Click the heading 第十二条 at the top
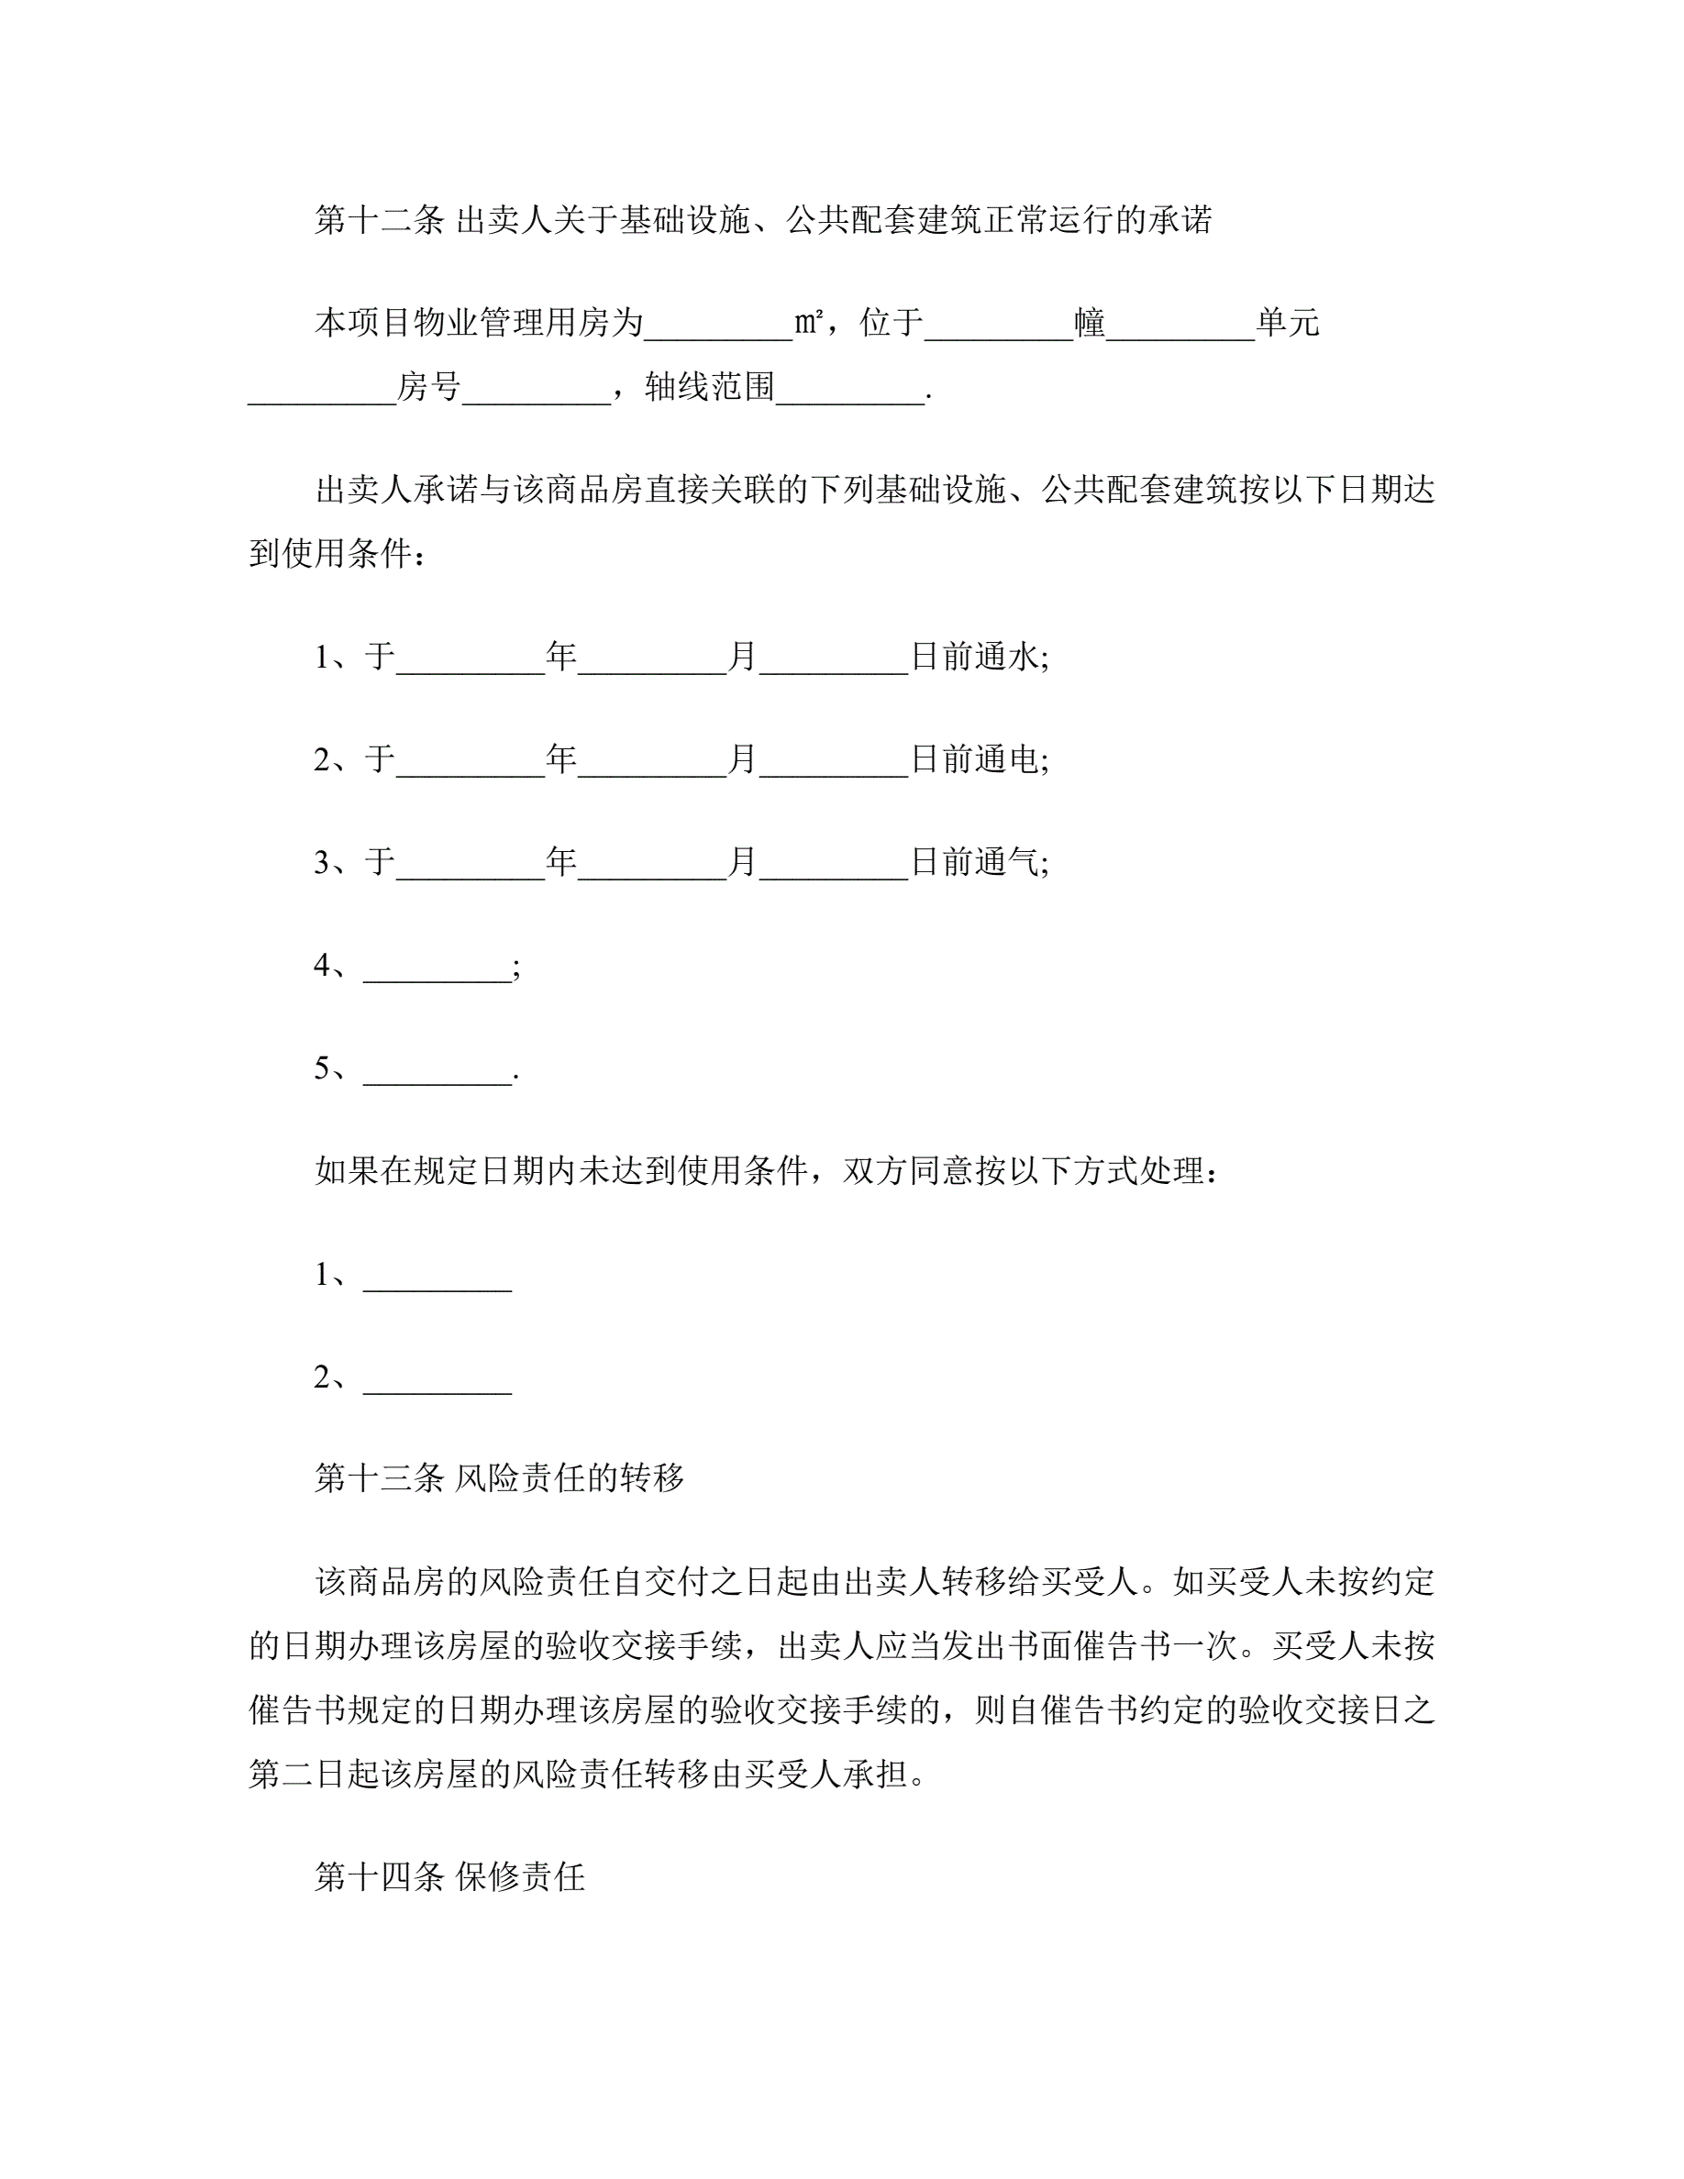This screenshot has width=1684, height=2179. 379,220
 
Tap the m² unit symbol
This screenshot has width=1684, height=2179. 808,323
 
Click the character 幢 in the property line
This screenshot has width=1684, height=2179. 1090,323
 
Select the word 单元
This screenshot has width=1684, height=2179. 1287,323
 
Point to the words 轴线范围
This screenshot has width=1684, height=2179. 709,387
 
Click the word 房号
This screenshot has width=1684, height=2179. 429,387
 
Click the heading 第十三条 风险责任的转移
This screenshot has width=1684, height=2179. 499,1477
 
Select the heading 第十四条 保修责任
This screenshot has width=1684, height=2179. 449,1876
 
